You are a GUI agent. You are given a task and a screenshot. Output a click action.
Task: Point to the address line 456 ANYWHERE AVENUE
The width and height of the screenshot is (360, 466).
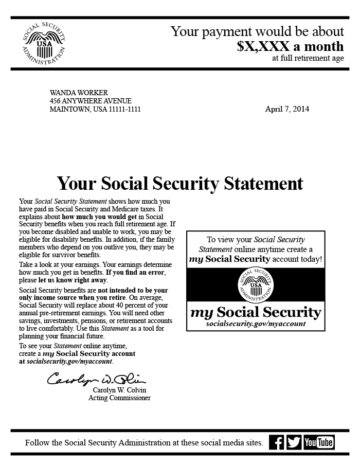(x=91, y=101)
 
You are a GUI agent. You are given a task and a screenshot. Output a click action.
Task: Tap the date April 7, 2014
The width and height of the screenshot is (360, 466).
(x=287, y=109)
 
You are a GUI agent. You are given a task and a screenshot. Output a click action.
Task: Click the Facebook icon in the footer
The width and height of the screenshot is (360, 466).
(x=277, y=442)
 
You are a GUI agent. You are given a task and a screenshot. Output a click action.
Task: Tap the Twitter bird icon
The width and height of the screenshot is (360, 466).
(x=294, y=442)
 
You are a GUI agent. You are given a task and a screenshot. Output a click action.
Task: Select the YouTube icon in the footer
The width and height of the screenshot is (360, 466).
(x=319, y=442)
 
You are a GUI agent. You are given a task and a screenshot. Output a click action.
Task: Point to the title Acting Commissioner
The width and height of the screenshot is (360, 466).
(x=119, y=398)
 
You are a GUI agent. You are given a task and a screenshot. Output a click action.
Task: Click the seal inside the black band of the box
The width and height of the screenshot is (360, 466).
(x=256, y=285)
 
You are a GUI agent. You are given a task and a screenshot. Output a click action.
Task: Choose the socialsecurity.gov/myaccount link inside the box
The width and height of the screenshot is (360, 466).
(x=256, y=324)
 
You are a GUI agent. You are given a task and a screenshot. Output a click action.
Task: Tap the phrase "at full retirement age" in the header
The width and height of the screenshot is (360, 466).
(x=308, y=58)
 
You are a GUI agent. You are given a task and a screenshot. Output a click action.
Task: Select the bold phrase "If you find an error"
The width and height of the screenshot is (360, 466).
(x=137, y=272)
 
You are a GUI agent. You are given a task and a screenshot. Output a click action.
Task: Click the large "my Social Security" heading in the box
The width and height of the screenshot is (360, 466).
(x=256, y=312)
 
